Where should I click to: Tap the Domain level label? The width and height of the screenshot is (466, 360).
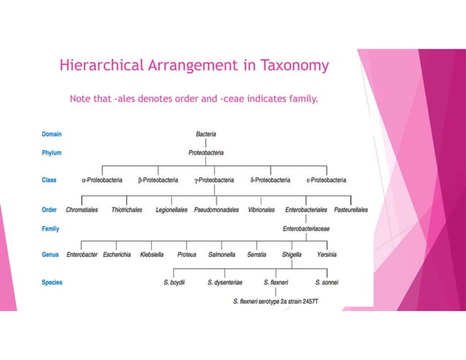pyautogui.click(x=52, y=134)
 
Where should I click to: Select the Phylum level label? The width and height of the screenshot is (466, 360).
pyautogui.click(x=52, y=153)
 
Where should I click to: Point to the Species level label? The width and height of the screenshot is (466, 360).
pyautogui.click(x=53, y=282)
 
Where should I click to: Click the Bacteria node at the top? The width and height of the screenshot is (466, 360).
pyautogui.click(x=211, y=134)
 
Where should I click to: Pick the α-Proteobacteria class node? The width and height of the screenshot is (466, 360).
pyautogui.click(x=102, y=180)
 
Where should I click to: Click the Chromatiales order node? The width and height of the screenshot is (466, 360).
pyautogui.click(x=83, y=210)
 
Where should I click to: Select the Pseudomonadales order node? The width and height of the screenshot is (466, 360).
pyautogui.click(x=216, y=210)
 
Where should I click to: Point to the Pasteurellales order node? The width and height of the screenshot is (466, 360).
pyautogui.click(x=351, y=210)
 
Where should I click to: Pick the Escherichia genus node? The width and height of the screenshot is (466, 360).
pyautogui.click(x=117, y=255)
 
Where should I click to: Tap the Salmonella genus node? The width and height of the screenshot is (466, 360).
pyautogui.click(x=222, y=255)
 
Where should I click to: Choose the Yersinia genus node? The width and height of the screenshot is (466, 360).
pyautogui.click(x=327, y=255)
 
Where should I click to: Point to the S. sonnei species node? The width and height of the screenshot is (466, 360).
pyautogui.click(x=326, y=282)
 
